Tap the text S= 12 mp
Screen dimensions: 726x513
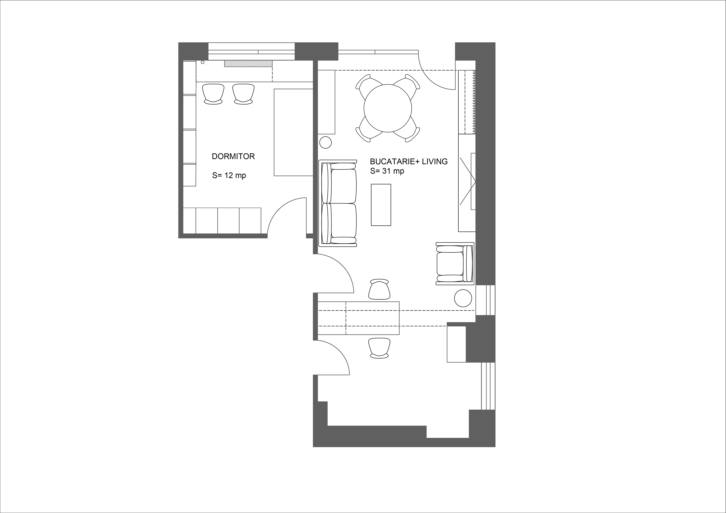[229, 175]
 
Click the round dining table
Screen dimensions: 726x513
[388, 108]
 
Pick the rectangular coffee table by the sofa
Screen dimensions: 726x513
[381, 205]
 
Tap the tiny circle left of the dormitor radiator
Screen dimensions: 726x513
[203, 62]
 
